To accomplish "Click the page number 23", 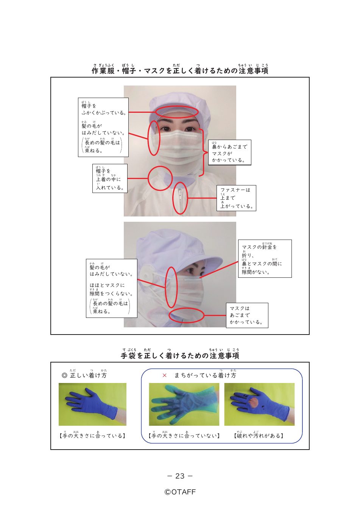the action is [180, 476].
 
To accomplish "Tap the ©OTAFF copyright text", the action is [180, 492].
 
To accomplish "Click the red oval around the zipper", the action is [173, 198].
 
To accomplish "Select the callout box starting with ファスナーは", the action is [236, 198].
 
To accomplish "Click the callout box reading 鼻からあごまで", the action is [229, 152].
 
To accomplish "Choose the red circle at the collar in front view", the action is [149, 178].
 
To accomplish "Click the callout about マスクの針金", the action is [265, 258].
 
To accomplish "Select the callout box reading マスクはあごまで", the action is [247, 315].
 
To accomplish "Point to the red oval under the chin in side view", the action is [186, 308].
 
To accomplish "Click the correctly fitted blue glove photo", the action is [92, 404].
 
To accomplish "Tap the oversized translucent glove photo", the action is [184, 404].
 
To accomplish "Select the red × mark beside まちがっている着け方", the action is [165, 376].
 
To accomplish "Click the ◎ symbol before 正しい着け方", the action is [64, 375].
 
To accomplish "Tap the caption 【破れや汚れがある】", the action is [259, 436].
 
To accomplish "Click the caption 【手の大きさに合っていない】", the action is [184, 436].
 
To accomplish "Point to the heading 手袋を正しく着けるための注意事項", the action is [180, 354].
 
